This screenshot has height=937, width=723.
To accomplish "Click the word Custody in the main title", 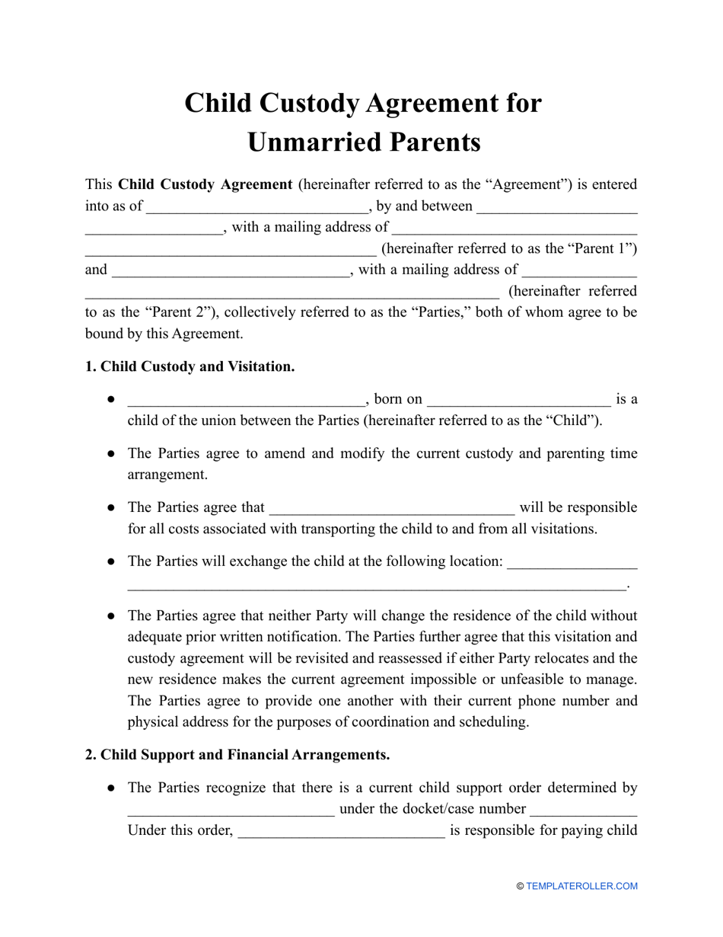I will pos(305,103).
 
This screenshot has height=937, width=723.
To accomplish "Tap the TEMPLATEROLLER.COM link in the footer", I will pos(581,886).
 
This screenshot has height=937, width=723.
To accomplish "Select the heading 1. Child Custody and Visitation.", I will pos(190,366).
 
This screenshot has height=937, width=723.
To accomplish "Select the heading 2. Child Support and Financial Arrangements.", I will pos(237,755).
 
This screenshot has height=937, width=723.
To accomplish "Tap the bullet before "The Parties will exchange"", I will pos(110,561).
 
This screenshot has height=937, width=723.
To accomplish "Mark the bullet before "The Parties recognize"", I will pos(110,788).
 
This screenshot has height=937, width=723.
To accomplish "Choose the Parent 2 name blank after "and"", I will pos(230,270).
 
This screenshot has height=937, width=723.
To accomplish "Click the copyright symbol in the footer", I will pos(520,886).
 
